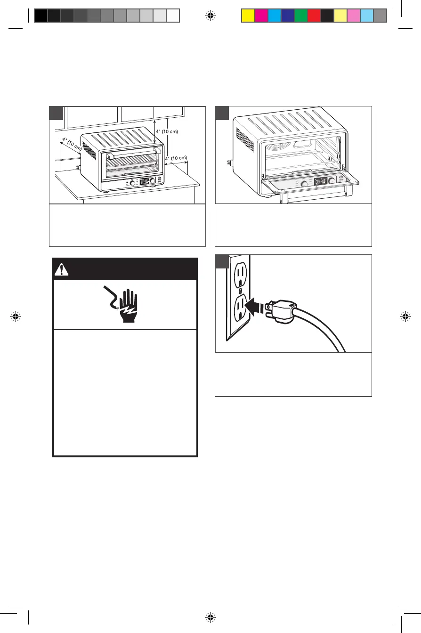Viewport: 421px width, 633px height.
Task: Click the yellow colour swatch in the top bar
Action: pyautogui.click(x=248, y=16)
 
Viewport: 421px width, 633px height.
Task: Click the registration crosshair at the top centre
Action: pyautogui.click(x=210, y=16)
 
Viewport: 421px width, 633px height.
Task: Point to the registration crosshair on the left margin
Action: pyautogui.click(x=16, y=316)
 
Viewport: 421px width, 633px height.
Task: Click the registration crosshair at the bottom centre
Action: pyautogui.click(x=210, y=617)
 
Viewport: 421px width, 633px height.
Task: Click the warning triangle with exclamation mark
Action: pyautogui.click(x=62, y=270)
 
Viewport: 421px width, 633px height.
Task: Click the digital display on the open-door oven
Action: pyautogui.click(x=321, y=181)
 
